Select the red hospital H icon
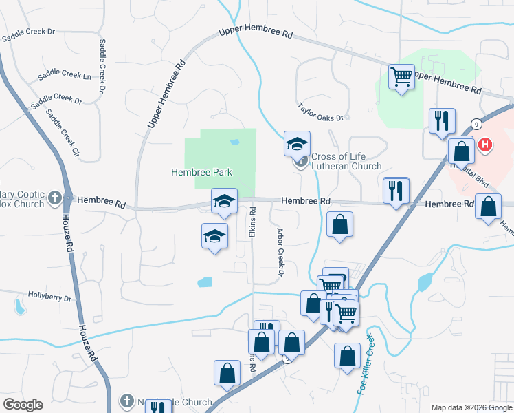(x=486, y=145)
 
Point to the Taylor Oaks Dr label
(x=320, y=113)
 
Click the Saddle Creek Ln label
(x=65, y=75)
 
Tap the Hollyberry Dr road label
(x=49, y=297)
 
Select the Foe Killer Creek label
(x=366, y=364)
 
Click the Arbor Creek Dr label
(x=280, y=251)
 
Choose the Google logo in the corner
(x=23, y=405)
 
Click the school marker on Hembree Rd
(x=224, y=200)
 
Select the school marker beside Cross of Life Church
(x=297, y=143)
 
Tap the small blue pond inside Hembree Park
(x=235, y=142)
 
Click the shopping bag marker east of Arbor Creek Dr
(x=339, y=224)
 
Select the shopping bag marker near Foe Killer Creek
(x=347, y=355)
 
